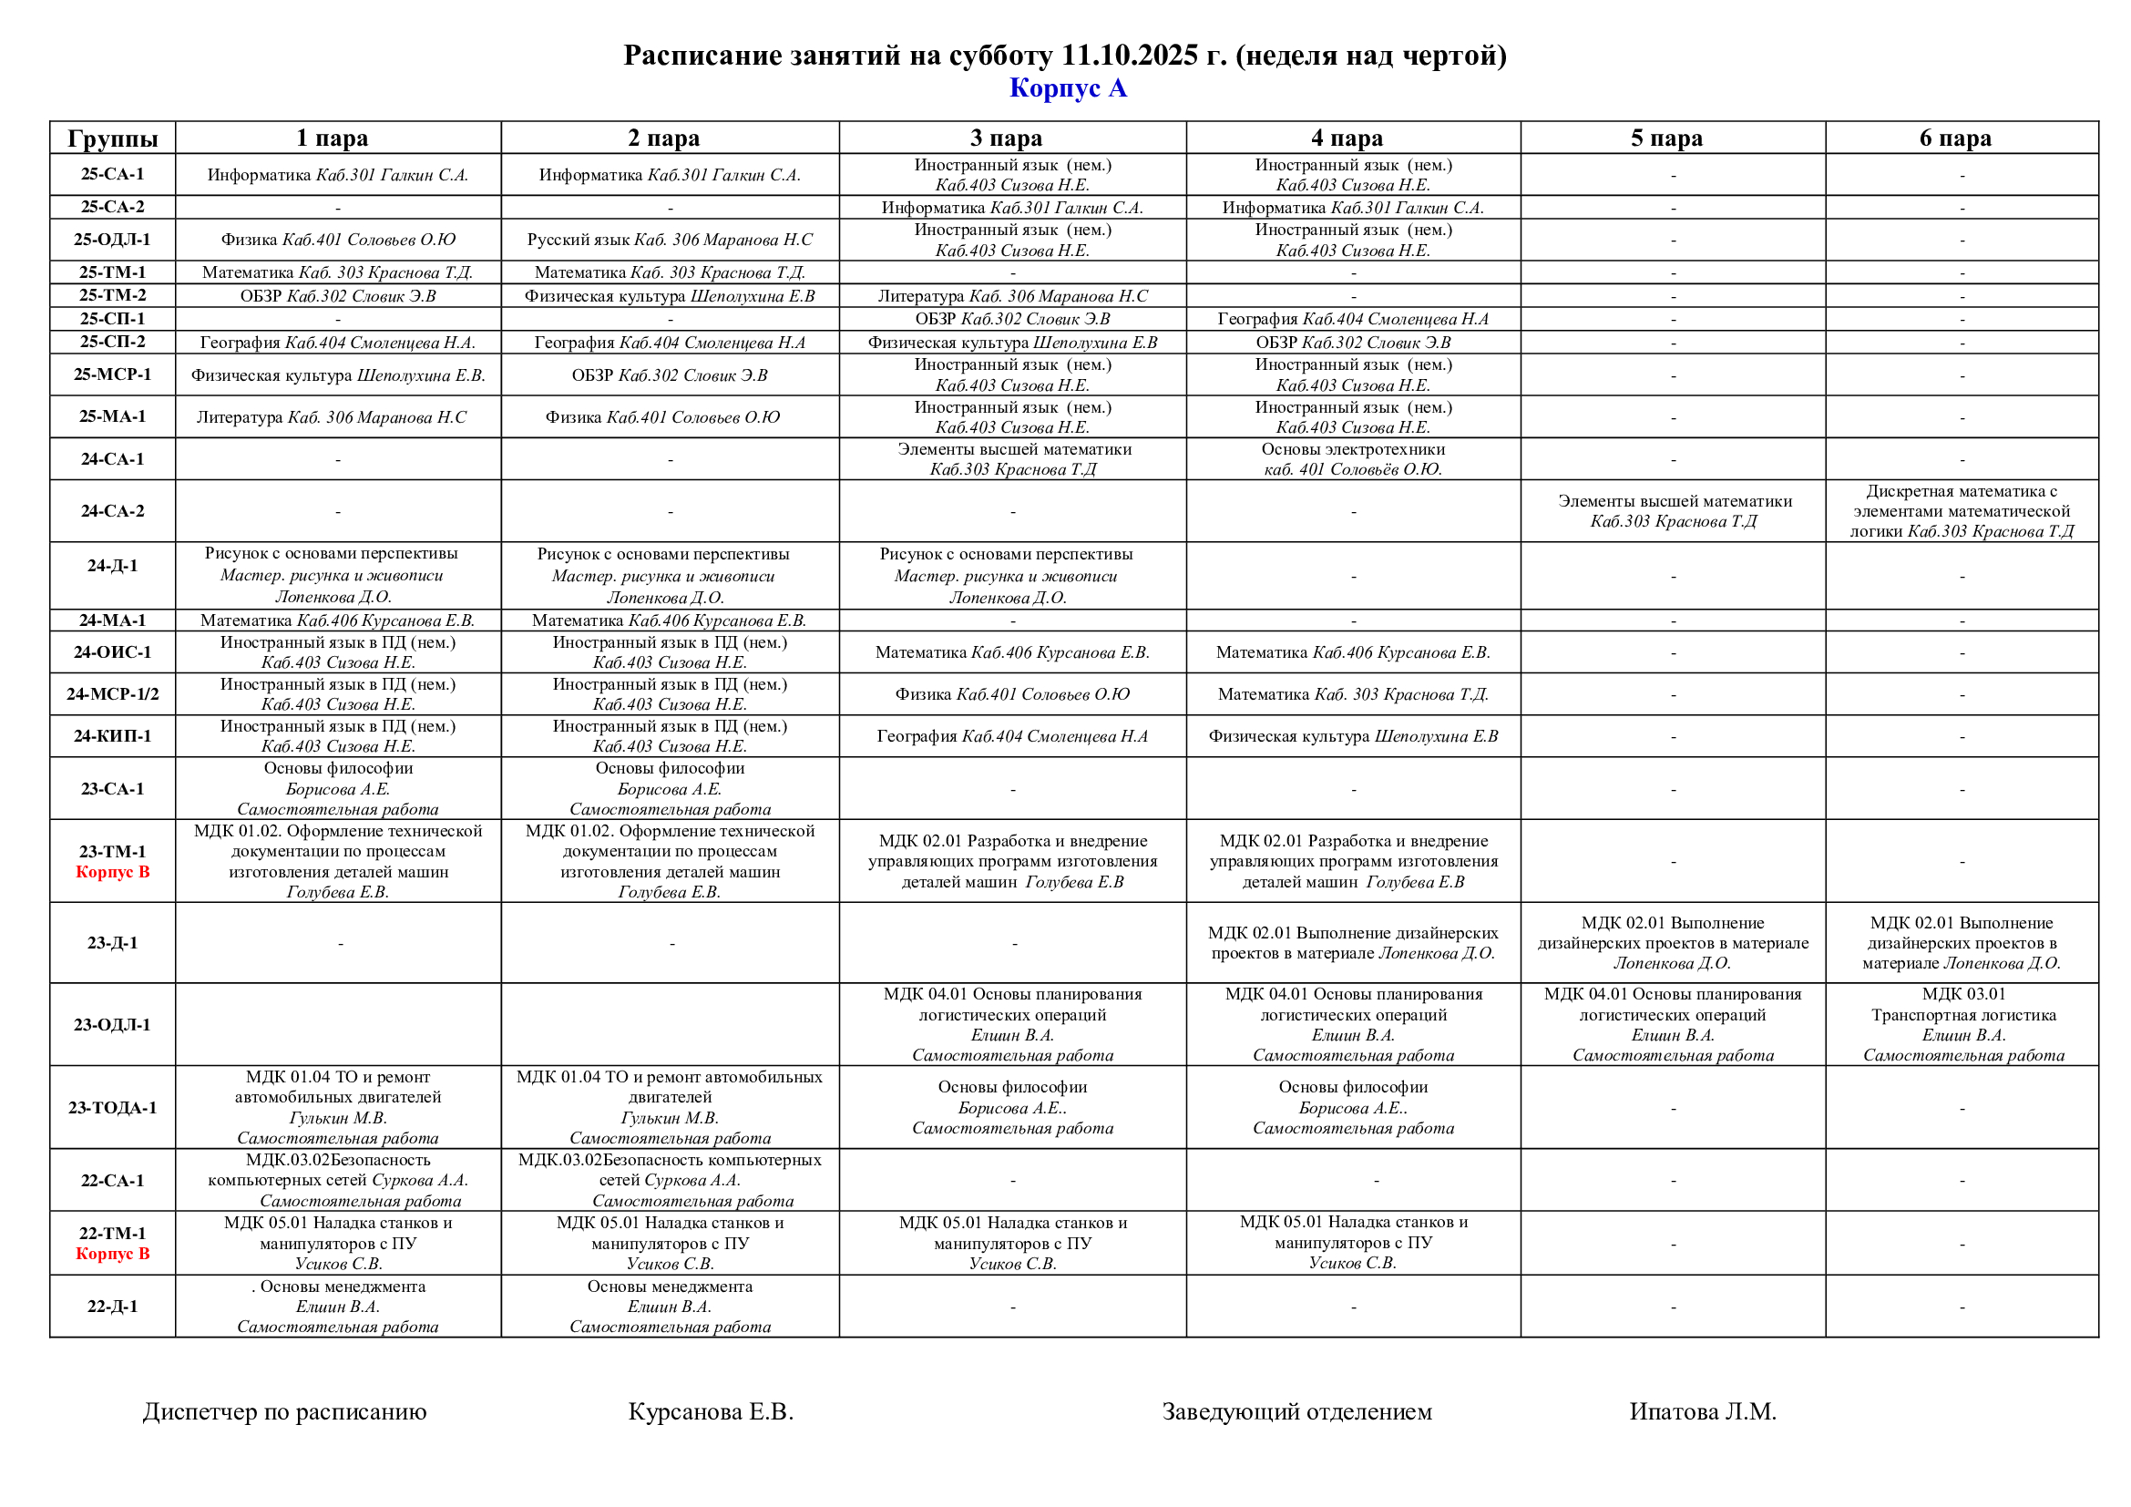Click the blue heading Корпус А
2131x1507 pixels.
click(x=1068, y=88)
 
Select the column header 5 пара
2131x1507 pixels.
click(x=1666, y=138)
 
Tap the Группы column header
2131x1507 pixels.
click(x=112, y=138)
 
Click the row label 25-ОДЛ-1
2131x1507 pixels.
click(x=112, y=240)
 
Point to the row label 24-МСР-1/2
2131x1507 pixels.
click(x=112, y=694)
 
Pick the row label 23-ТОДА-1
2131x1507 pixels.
click(x=112, y=1107)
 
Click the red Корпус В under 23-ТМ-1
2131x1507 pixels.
click(x=112, y=872)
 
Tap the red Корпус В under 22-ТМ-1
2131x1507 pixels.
click(x=112, y=1254)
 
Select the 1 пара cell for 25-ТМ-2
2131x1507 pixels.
click(x=338, y=296)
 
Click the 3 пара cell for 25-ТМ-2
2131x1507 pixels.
click(x=1011, y=296)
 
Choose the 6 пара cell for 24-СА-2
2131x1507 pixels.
click(x=1962, y=511)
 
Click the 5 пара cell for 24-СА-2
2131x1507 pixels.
click(x=1674, y=511)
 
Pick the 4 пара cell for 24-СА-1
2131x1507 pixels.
click(x=1352, y=459)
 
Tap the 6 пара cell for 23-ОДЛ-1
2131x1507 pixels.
click(x=1963, y=1024)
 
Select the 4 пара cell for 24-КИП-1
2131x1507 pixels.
click(x=1352, y=737)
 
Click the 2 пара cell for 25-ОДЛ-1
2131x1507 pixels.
click(x=670, y=240)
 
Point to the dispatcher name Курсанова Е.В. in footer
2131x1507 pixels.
click(x=710, y=1411)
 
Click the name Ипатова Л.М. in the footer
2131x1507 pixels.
click(x=1702, y=1411)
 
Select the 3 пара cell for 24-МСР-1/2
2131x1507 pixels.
click(x=1011, y=694)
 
